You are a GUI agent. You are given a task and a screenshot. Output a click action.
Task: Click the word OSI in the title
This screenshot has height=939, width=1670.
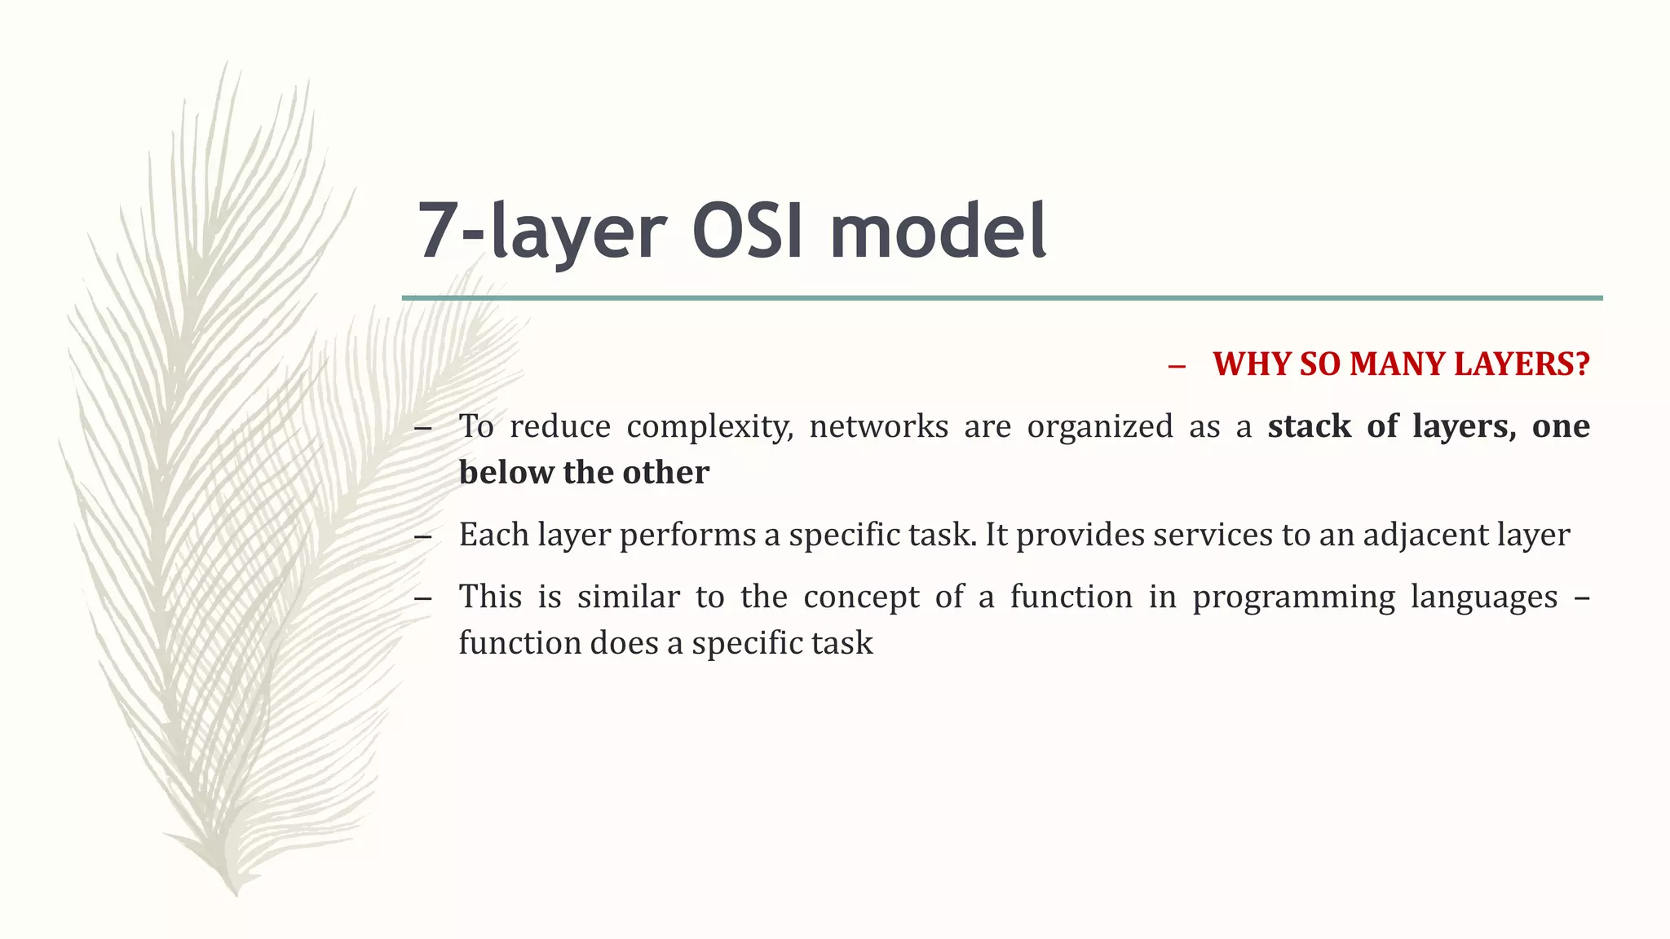click(748, 231)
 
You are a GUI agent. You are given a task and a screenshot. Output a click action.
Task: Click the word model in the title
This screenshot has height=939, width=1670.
click(938, 231)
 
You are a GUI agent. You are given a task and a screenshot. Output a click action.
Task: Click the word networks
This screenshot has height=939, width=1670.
click(878, 426)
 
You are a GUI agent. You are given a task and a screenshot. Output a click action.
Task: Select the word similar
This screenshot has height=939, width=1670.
click(628, 597)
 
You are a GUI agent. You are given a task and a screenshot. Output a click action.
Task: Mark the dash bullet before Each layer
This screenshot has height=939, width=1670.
click(422, 537)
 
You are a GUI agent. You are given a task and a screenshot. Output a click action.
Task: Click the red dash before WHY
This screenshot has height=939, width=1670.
click(1176, 367)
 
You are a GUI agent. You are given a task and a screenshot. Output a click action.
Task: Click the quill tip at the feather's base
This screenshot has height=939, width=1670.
click(235, 890)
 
